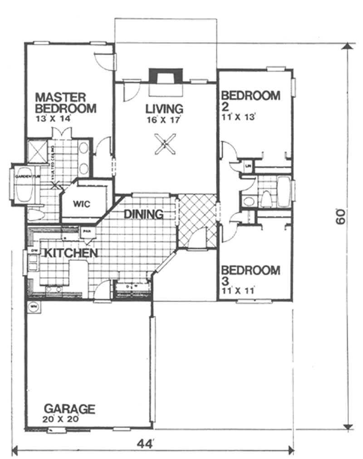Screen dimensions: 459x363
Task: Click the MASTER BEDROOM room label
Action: point(66,103)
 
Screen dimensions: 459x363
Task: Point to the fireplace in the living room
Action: point(166,77)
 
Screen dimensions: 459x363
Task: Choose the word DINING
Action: point(144,214)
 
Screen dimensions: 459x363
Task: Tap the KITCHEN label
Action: point(69,253)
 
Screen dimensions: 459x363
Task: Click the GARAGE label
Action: point(69,409)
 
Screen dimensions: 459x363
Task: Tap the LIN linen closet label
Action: point(248,166)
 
